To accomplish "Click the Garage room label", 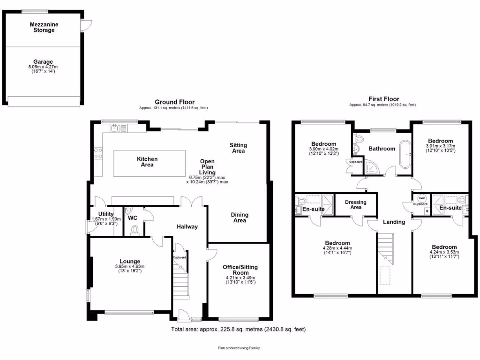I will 43,62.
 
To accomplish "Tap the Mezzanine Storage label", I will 42,27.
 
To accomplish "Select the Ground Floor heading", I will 174,102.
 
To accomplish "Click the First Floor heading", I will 383,99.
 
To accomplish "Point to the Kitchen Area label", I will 147,162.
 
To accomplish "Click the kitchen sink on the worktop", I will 118,128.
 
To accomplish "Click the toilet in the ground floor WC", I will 135,230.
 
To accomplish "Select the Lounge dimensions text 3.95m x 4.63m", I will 130,267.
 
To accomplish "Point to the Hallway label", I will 187,227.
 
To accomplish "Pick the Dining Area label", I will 240,217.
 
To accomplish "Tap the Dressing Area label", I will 356,204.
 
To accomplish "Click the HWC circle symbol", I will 421,198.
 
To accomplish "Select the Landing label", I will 394,222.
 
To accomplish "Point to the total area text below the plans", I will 238,330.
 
